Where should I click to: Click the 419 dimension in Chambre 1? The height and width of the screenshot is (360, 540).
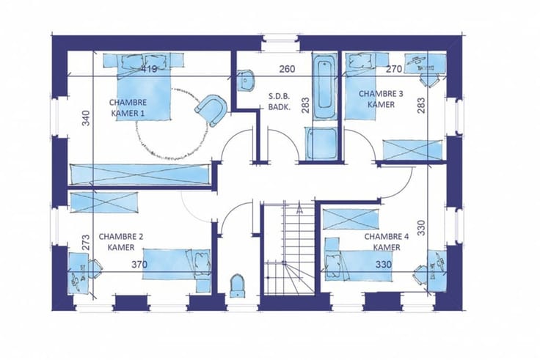149,69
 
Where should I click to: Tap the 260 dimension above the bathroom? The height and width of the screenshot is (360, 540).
287,69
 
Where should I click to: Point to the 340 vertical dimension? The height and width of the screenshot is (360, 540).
86,118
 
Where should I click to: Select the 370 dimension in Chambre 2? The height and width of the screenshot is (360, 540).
139,265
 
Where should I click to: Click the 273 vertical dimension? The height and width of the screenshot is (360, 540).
86,242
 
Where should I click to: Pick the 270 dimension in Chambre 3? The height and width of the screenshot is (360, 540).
394,69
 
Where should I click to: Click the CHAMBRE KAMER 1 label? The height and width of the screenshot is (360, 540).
128,108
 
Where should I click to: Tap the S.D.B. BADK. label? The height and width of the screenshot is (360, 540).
280,101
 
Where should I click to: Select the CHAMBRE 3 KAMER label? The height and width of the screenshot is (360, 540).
381,99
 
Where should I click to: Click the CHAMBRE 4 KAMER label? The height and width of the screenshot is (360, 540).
387,242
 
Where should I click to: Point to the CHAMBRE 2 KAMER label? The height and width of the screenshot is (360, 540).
121,242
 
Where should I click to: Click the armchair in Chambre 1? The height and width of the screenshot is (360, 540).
211,110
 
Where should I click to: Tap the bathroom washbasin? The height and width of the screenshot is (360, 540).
246,80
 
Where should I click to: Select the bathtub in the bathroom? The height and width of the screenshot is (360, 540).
324,85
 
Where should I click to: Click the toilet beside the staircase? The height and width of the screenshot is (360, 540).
237,285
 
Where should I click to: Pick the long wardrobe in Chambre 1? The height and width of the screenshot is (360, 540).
140,175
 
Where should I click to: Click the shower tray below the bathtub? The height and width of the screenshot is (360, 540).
321,143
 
